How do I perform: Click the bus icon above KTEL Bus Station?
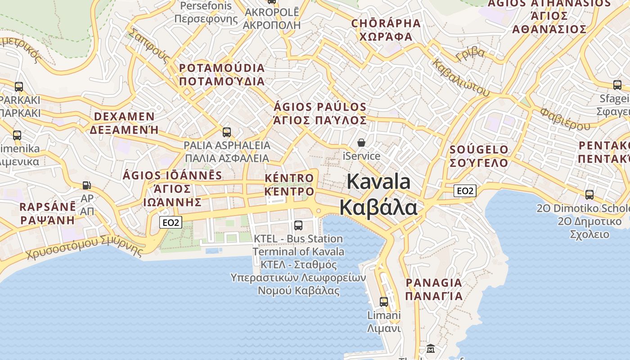[298, 225]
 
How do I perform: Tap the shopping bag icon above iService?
[361, 143]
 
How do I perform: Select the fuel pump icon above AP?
[86, 185]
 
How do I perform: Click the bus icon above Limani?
[384, 302]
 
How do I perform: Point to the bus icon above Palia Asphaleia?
[227, 132]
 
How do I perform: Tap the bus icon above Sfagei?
[617, 85]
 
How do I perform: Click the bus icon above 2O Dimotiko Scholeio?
[589, 195]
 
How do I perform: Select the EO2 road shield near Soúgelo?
[464, 191]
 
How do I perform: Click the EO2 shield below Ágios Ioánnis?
[171, 222]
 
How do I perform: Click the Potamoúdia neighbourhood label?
[222, 75]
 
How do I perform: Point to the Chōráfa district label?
[386, 30]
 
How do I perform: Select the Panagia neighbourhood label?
[434, 289]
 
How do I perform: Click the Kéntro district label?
[289, 184]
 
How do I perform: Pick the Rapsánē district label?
[48, 214]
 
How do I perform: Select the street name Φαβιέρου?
[565, 119]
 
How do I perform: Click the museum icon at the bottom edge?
[431, 349]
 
